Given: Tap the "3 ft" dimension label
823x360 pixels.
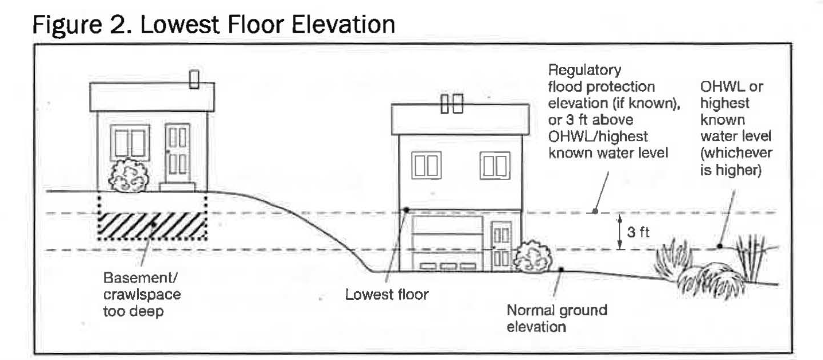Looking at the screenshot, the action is (639, 233).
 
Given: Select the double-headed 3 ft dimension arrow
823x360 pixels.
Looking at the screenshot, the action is (619, 232).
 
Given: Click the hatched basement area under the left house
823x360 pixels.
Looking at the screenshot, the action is (152, 226).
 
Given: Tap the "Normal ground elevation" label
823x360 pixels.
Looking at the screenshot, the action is (556, 319).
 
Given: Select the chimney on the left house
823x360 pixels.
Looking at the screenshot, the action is (194, 79).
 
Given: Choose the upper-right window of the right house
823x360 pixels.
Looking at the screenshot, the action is (495, 165).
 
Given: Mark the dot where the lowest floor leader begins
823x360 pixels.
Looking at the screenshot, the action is (405, 210).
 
